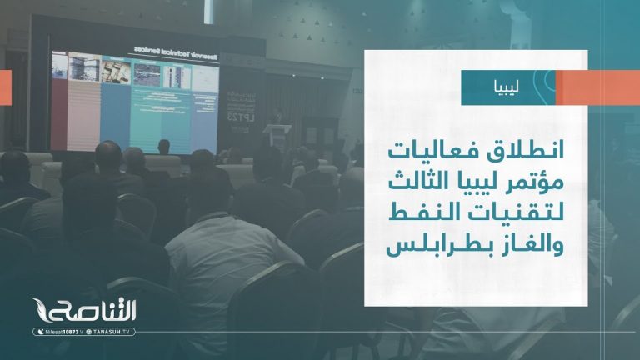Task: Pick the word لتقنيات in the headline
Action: [x=522, y=212]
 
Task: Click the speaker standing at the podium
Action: [x=282, y=122]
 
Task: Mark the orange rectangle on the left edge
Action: [x=5, y=82]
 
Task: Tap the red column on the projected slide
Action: [x=58, y=100]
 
